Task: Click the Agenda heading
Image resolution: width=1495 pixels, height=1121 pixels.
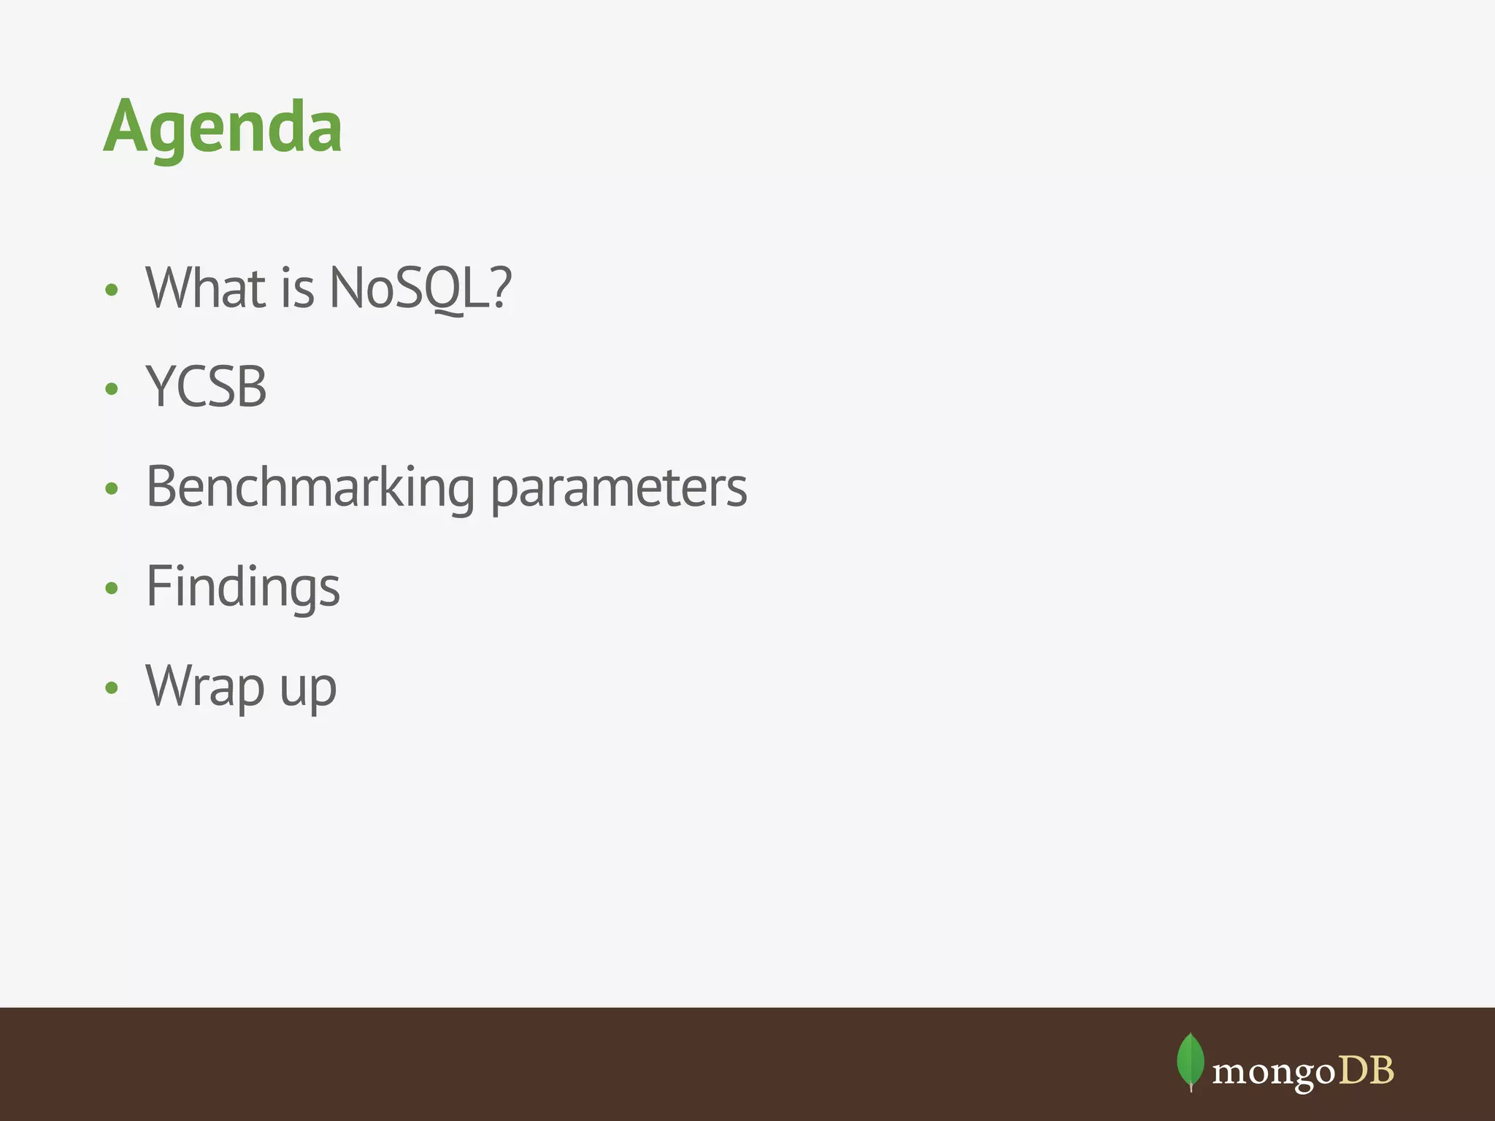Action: (223, 128)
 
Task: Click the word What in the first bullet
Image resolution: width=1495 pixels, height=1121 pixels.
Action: (205, 288)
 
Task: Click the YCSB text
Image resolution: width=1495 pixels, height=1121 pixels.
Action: (207, 387)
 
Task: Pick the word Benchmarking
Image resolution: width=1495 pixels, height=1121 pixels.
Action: (310, 488)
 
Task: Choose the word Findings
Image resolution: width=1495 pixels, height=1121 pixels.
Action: (242, 588)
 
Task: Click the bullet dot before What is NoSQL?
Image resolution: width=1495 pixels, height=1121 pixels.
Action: (111, 290)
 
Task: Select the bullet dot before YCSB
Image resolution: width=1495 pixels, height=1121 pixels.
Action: (111, 389)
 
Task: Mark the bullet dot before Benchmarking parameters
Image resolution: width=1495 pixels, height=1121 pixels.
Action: (111, 488)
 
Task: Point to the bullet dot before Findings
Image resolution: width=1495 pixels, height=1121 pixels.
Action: (111, 588)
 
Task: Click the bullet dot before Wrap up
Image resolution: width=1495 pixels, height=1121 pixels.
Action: (111, 687)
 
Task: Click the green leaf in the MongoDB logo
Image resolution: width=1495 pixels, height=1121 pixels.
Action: (1191, 1060)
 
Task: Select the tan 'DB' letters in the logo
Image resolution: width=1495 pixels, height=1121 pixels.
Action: (1366, 1071)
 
